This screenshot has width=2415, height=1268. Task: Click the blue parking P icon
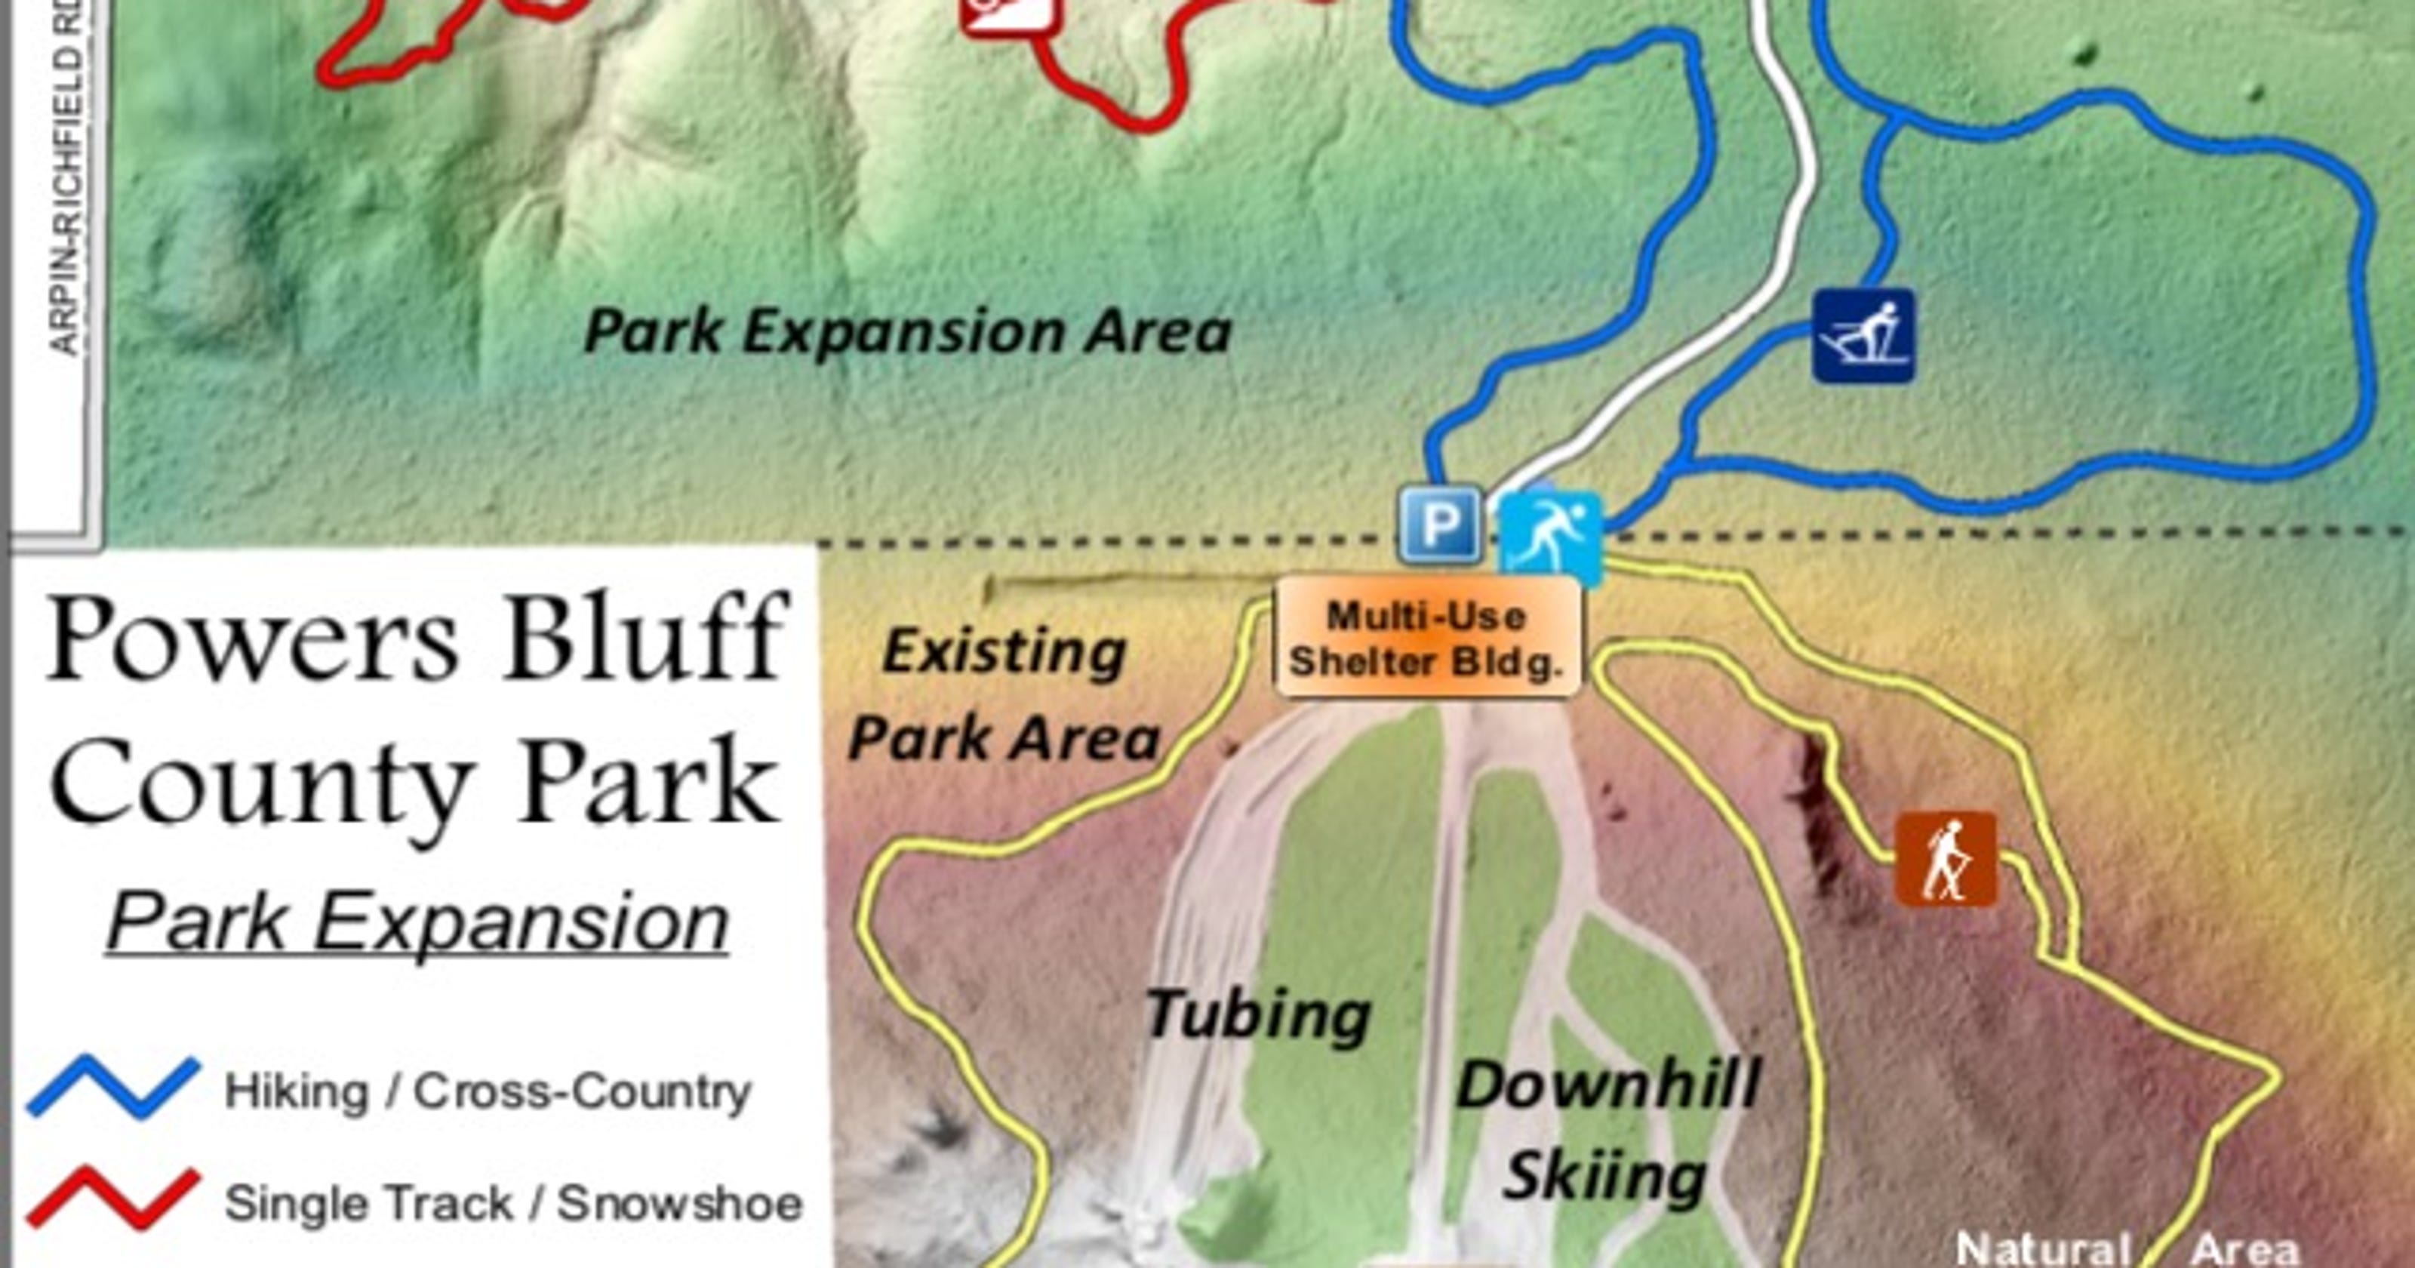click(1440, 525)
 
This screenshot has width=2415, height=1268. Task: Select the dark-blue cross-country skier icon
click(1863, 336)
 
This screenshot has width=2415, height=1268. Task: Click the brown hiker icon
click(1946, 858)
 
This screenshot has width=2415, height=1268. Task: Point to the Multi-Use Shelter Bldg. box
click(1428, 638)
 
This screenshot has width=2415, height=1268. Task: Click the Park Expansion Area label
click(906, 332)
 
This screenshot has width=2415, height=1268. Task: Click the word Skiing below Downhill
click(1604, 1176)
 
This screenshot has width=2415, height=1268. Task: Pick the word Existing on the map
click(1004, 652)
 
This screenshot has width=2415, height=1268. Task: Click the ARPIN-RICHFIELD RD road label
click(66, 178)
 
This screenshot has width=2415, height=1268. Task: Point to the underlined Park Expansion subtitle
click(418, 923)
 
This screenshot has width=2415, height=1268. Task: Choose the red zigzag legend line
click(112, 1198)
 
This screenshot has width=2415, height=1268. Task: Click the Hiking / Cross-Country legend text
click(488, 1091)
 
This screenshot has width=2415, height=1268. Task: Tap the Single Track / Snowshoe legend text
click(514, 1203)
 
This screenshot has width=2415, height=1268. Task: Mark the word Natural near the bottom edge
click(2043, 1249)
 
